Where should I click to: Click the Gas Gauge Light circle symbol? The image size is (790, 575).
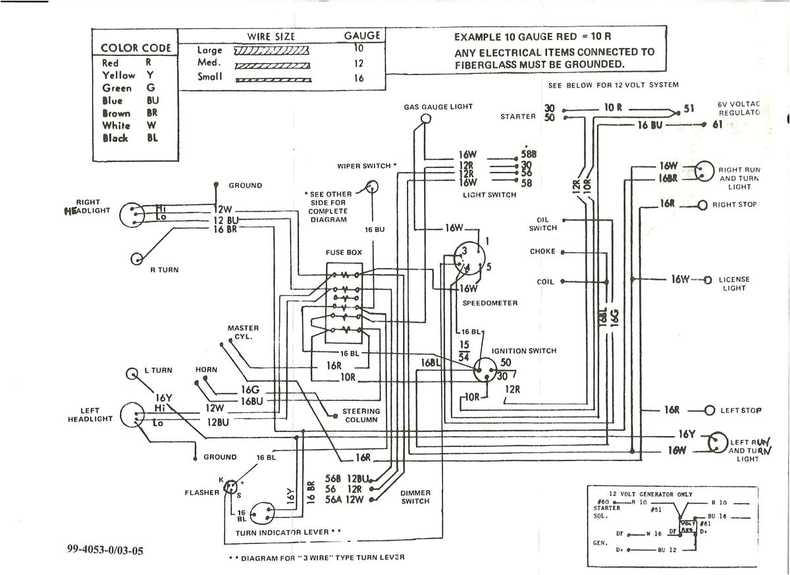[x=426, y=119]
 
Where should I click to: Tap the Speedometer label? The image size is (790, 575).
[x=490, y=303]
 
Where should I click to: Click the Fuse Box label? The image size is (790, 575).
[x=344, y=252]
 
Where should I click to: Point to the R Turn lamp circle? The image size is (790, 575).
[x=138, y=258]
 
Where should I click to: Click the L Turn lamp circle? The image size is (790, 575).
[x=131, y=374]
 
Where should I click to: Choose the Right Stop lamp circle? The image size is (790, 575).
[x=702, y=205]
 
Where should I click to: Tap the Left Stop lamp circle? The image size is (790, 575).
[x=709, y=410]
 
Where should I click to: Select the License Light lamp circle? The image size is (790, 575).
[x=708, y=280]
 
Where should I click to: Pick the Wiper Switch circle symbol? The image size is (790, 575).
[x=373, y=187]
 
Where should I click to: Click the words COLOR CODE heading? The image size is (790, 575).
[x=136, y=48]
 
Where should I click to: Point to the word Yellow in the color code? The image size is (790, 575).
[x=118, y=76]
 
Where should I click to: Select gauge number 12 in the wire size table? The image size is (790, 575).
[x=359, y=64]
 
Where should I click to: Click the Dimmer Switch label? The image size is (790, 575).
[x=415, y=497]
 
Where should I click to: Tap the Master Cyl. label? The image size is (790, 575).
[x=243, y=332]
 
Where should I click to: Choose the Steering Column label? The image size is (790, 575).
[x=361, y=416]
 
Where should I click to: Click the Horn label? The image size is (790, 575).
[x=206, y=370]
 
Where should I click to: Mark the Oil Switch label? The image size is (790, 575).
[x=542, y=224]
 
